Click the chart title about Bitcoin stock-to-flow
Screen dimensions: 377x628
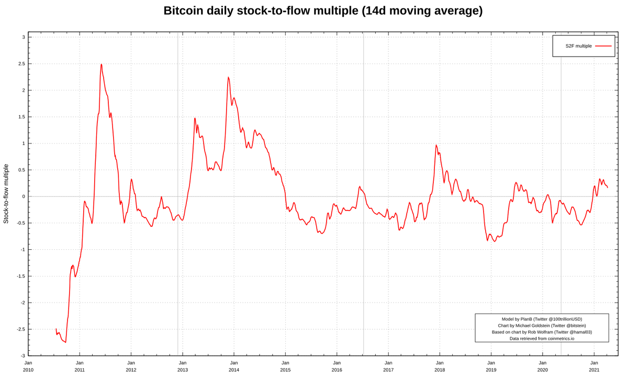[x=323, y=10]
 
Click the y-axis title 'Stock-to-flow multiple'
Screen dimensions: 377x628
[x=6, y=194]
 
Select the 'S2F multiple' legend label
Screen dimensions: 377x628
[x=578, y=46]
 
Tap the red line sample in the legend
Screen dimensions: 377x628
[x=603, y=46]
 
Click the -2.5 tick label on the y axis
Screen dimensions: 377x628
[x=20, y=329]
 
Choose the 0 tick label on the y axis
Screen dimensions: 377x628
[x=23, y=196]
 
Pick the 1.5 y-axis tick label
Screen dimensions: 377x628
[x=21, y=117]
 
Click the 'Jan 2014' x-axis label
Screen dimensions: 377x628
[x=234, y=366]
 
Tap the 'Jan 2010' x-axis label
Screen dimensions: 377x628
[x=28, y=366]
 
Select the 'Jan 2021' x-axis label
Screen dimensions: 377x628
[x=594, y=366]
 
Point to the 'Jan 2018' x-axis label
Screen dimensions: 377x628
[x=440, y=366]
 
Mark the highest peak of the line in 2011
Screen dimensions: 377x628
[x=102, y=64]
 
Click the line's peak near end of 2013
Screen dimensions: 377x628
[x=228, y=77]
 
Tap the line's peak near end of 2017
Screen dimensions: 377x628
[x=436, y=146]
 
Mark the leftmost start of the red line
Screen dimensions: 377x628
[x=56, y=329]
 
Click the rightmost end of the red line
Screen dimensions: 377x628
[x=608, y=187]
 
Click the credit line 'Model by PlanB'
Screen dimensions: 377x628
[x=542, y=319]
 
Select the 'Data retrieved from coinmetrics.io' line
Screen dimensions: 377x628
[x=542, y=338]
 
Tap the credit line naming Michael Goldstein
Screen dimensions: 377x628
[x=542, y=326]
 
